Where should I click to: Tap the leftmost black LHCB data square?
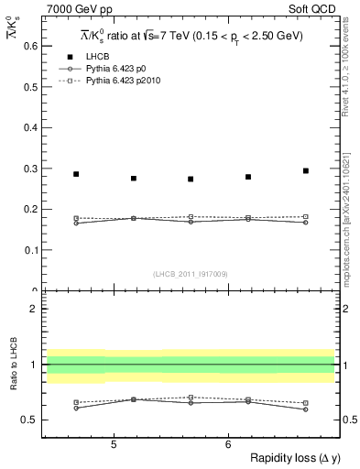76,174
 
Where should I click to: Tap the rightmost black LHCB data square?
306,171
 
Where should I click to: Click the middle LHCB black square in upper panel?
191,179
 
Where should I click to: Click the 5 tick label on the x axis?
113,444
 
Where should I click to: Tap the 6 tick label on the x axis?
227,444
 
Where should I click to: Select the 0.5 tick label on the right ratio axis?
347,420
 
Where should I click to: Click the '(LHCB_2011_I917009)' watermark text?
191,273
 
